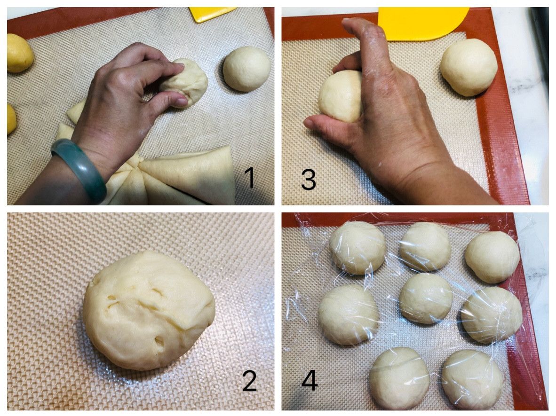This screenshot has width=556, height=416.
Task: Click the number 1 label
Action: point(250,178)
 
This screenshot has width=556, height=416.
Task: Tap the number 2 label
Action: point(250,381)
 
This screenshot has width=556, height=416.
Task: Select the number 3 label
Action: point(309,179)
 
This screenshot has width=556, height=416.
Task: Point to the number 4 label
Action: point(310,381)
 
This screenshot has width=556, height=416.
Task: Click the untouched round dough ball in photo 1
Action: point(247,69)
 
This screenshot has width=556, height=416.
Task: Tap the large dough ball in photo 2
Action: point(149,310)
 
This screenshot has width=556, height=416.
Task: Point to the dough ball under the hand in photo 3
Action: point(341,96)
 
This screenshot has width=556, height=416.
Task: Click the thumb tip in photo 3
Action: point(309,123)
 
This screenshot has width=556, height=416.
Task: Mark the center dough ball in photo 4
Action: point(426,298)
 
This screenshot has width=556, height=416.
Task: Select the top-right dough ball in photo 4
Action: point(492,257)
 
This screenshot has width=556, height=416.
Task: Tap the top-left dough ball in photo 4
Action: point(357,248)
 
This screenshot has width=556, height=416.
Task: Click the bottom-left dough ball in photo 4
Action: point(399,378)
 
